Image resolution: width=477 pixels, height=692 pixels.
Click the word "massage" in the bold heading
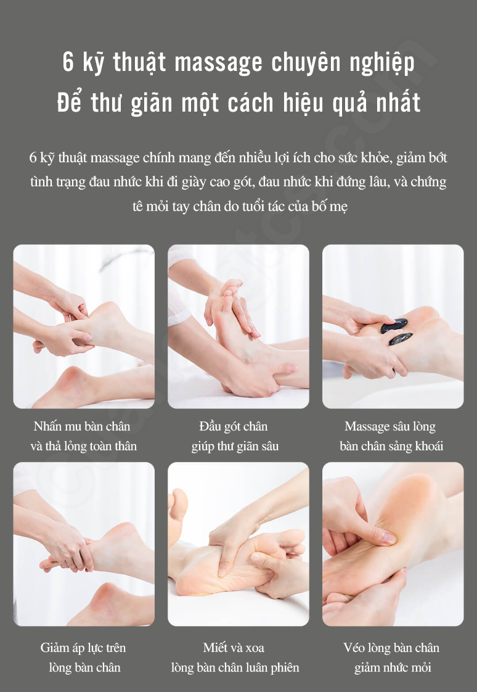click(x=218, y=63)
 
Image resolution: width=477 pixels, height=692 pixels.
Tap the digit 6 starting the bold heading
click(x=68, y=62)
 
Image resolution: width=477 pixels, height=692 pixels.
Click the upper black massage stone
click(x=394, y=325)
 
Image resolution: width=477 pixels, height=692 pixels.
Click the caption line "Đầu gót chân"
click(x=233, y=426)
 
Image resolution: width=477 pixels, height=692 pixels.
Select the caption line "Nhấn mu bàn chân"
click(x=82, y=426)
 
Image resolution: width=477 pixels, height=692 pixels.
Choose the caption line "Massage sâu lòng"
click(x=390, y=427)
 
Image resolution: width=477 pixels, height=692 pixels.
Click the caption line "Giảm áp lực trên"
click(x=83, y=648)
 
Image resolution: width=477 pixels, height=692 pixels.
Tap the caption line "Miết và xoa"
click(x=234, y=648)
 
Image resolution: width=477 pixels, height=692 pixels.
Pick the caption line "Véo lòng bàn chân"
click(x=391, y=648)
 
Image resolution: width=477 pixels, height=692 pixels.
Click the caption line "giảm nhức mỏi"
click(x=393, y=667)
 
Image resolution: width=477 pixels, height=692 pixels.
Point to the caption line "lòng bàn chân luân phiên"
click(x=235, y=667)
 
